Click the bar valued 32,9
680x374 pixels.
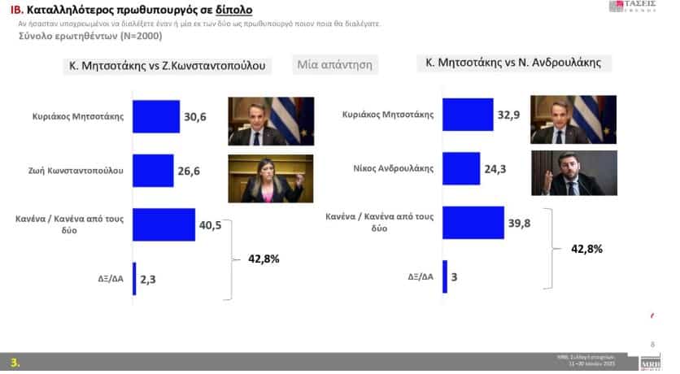pos(468,115)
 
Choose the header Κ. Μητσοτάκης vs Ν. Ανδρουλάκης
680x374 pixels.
pos(513,62)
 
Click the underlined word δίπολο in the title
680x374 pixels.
pos(230,10)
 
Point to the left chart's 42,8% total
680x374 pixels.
pos(263,259)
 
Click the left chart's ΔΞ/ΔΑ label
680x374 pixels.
pos(107,277)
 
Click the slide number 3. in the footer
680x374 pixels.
pos(15,362)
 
